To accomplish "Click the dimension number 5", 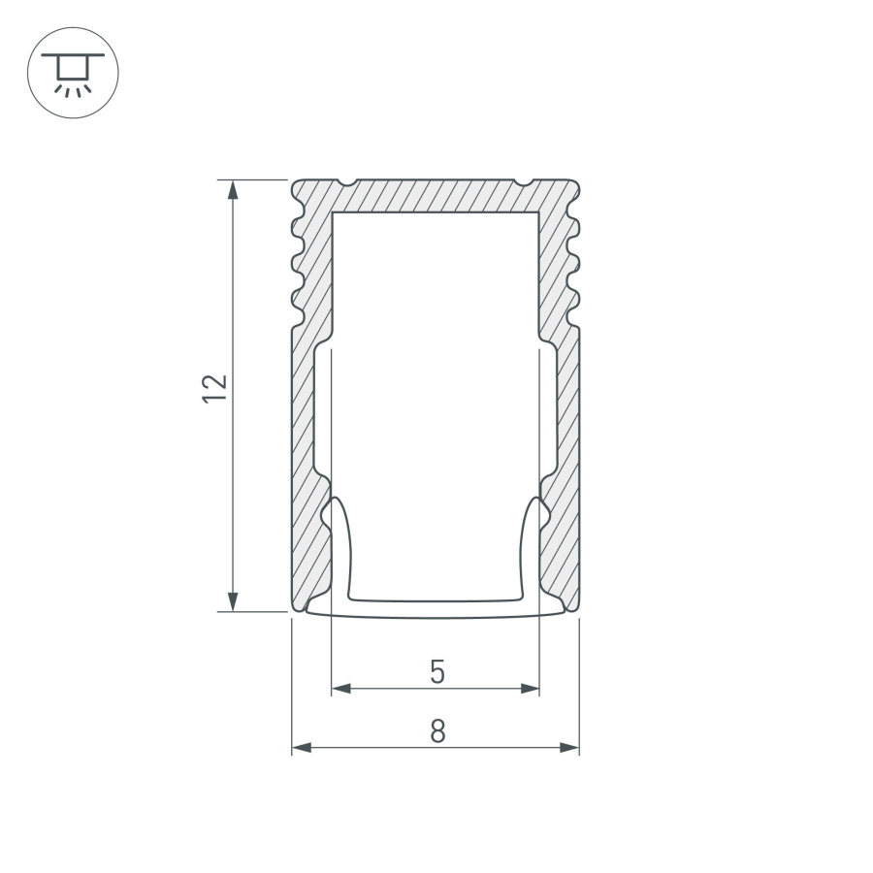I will [x=437, y=671].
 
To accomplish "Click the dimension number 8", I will [x=437, y=731].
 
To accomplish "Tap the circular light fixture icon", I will [x=73, y=73].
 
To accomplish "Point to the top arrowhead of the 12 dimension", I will [x=233, y=189].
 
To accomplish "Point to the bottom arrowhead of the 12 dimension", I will [x=233, y=600].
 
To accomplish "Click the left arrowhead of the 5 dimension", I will [x=340, y=689].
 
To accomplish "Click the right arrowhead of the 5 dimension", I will [x=530, y=689].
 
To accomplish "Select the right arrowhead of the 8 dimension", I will [x=569, y=748].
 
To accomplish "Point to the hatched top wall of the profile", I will [x=436, y=195].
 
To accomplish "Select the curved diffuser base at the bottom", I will [x=436, y=609].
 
